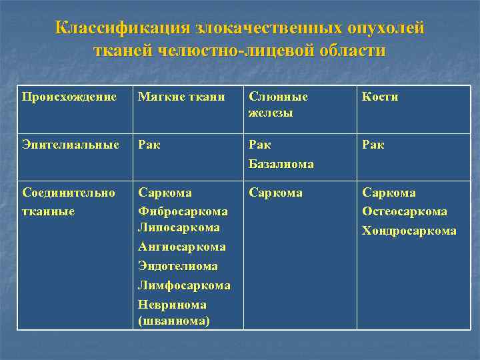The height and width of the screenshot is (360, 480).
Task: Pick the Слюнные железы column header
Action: pyautogui.click(x=278, y=105)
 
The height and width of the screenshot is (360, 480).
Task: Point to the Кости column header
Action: pyautogui.click(x=380, y=97)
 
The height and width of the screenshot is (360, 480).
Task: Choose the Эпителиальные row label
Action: pyautogui.click(x=71, y=145)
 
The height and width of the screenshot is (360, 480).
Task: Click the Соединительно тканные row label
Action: pyautogui.click(x=69, y=202)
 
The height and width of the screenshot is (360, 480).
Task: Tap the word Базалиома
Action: pyautogui.click(x=281, y=163)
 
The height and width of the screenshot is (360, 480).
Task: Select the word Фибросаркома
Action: pyautogui.click(x=183, y=211)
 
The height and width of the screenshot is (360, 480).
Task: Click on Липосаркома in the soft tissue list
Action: pyautogui.click(x=179, y=228)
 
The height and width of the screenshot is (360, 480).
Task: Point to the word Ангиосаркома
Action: pyautogui.click(x=181, y=247)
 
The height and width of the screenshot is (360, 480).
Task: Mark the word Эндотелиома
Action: pyautogui.click(x=178, y=267)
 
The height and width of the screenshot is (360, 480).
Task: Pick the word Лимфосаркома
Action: pyautogui.click(x=184, y=286)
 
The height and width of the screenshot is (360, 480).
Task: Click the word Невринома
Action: pyautogui.click(x=172, y=305)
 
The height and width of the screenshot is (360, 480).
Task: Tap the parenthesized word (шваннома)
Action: pyautogui.click(x=174, y=321)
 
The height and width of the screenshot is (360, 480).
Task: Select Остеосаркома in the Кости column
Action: pyautogui.click(x=405, y=211)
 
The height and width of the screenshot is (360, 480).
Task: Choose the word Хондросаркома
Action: pyautogui.click(x=409, y=231)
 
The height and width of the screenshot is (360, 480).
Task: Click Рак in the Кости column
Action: pyautogui.click(x=373, y=145)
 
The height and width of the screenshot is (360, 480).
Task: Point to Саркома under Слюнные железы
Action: pyautogui.click(x=275, y=193)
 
